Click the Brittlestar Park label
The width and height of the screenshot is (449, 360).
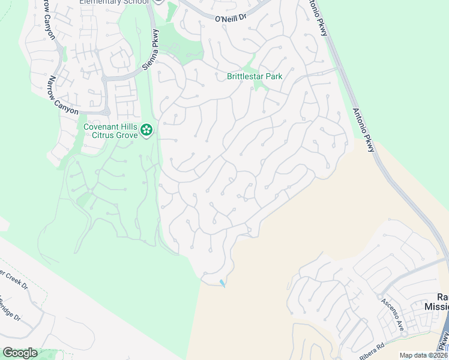[255, 77]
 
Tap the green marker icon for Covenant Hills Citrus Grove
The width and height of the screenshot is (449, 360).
[146, 130]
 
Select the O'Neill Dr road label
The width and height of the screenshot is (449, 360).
[231, 19]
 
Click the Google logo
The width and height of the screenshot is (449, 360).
[20, 353]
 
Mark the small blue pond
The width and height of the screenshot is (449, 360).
[223, 283]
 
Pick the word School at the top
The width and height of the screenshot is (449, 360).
[133, 2]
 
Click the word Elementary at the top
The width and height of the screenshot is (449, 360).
[99, 2]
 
